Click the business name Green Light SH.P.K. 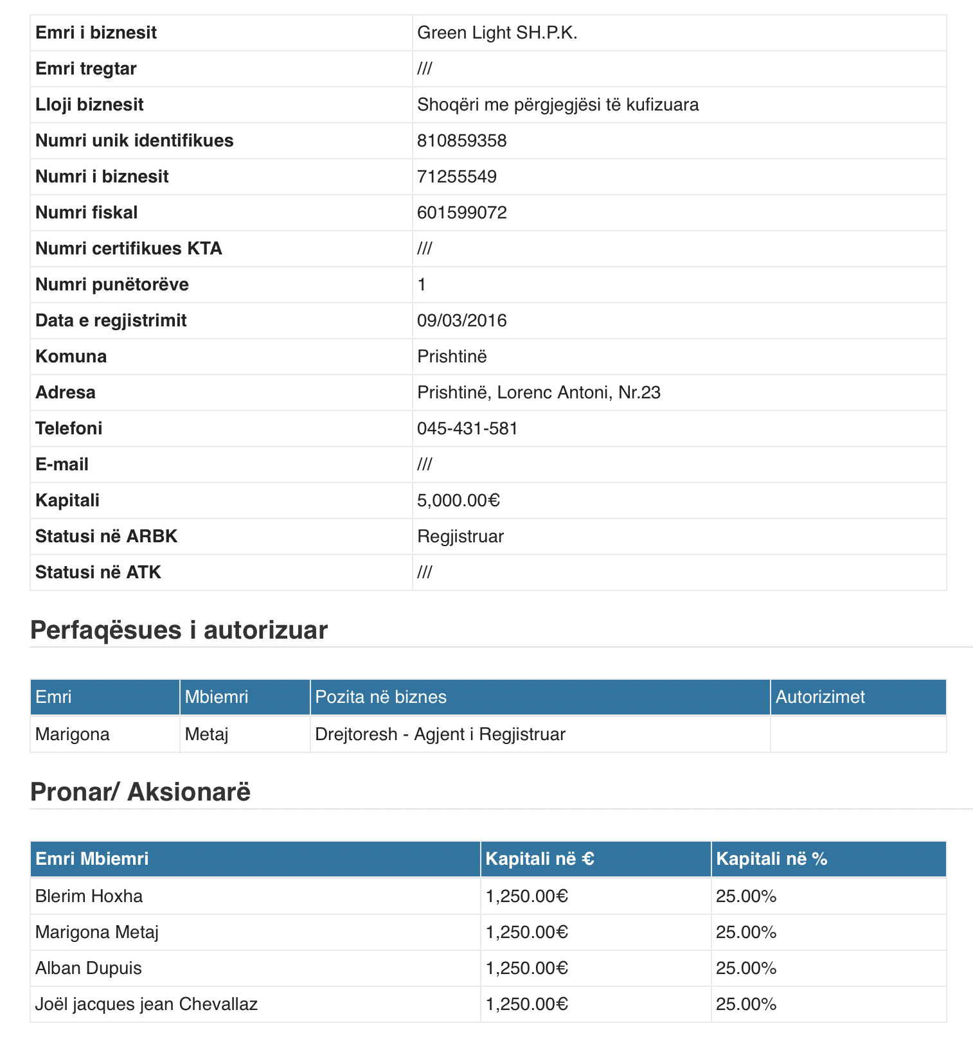coord(497,33)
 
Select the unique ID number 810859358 coord(461,141)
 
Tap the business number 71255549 coord(456,177)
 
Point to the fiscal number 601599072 coord(461,213)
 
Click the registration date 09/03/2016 coord(461,321)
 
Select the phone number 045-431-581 coord(467,429)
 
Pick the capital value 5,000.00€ coord(458,501)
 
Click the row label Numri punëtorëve coord(112,285)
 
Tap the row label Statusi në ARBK coord(106,536)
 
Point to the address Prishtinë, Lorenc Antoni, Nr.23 coord(539,393)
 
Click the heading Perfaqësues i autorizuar coord(179,630)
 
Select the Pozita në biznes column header coord(380,697)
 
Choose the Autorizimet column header coord(819,697)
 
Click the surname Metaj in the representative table coord(206,734)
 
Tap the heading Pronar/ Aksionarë coord(140,792)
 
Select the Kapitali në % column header coord(771,859)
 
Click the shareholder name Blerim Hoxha coord(89,896)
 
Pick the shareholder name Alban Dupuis coord(88,968)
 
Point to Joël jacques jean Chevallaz coord(146,1004)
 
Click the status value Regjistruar coord(460,536)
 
